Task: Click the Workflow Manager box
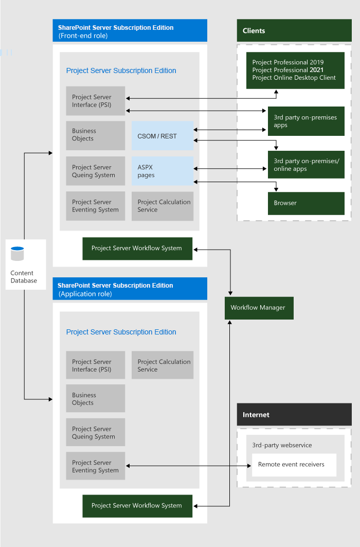click(259, 308)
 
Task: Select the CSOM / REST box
click(162, 136)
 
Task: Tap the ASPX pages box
click(162, 171)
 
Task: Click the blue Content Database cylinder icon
click(17, 254)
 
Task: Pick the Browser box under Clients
click(305, 203)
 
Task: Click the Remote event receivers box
click(294, 465)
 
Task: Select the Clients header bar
click(294, 31)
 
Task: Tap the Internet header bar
click(294, 415)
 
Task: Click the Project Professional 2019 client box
click(295, 70)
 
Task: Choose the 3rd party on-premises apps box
click(305, 121)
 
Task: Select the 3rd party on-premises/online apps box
click(305, 165)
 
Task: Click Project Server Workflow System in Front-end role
click(137, 249)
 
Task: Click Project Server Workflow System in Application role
click(137, 506)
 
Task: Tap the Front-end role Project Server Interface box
click(95, 101)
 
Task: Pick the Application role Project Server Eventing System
click(95, 466)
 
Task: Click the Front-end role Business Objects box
click(95, 135)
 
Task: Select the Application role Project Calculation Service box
click(162, 365)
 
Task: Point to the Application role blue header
click(130, 289)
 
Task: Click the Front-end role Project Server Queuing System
click(95, 171)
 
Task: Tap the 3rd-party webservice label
click(282, 445)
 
